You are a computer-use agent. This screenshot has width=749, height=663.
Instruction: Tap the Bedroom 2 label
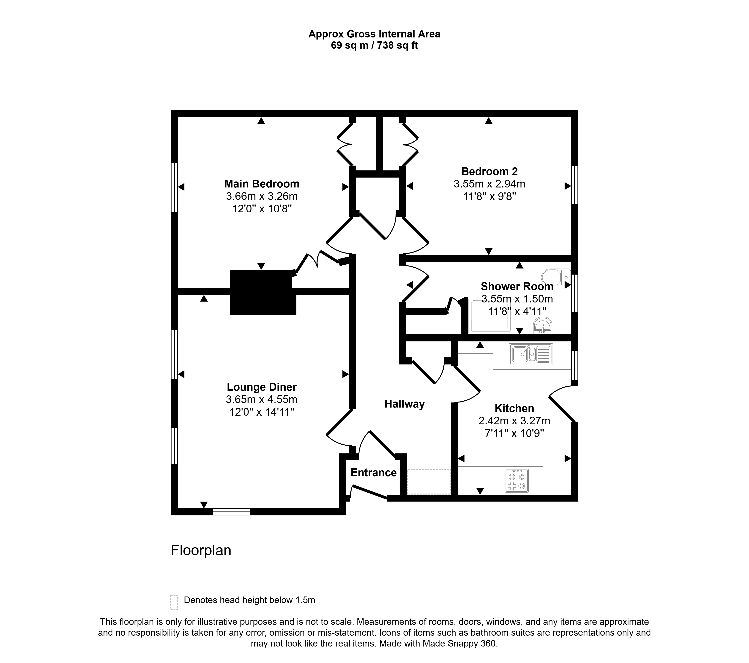click(x=489, y=171)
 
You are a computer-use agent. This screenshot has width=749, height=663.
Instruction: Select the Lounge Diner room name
click(x=262, y=387)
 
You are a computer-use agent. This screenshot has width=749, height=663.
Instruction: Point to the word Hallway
click(x=404, y=404)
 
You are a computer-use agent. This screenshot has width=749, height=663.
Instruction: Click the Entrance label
click(x=373, y=472)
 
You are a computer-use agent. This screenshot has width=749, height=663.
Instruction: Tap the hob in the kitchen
click(x=517, y=480)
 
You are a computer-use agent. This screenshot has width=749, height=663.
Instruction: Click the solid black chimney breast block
click(x=263, y=292)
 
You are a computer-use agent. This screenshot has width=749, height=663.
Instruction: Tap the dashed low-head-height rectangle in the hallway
click(x=428, y=482)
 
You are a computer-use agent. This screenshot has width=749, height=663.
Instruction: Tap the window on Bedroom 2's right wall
click(x=575, y=185)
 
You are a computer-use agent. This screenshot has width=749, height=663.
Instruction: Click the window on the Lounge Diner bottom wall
click(x=231, y=512)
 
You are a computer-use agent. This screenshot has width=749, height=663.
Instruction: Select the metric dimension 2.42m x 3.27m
click(x=514, y=421)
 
